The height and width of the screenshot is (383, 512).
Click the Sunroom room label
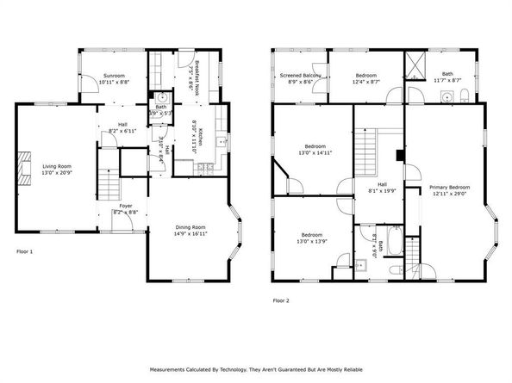[114, 76]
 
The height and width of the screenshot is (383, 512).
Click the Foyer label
[126, 207]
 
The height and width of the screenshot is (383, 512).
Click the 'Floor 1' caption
[25, 252]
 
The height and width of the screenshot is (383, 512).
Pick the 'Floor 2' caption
[281, 301]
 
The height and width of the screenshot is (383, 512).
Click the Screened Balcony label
[301, 76]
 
